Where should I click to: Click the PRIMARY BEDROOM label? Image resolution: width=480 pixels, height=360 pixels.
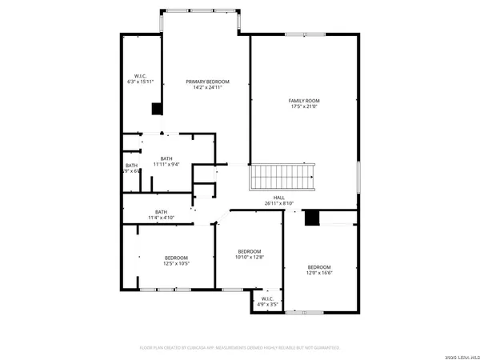tap(208, 82)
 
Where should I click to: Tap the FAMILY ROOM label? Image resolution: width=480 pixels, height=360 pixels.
tap(304, 100)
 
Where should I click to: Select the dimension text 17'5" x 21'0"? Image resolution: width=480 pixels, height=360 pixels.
tap(304, 106)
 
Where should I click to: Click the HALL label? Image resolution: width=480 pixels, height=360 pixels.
tap(279, 198)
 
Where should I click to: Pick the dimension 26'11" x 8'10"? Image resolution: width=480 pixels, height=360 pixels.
tap(279, 203)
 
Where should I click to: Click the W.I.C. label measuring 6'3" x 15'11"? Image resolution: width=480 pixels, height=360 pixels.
tap(138, 76)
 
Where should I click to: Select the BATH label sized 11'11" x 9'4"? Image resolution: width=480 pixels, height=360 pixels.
tap(166, 158)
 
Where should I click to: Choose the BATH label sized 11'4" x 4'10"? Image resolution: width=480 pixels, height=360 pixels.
tap(161, 212)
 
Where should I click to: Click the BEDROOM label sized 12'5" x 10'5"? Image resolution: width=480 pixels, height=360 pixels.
tap(176, 258)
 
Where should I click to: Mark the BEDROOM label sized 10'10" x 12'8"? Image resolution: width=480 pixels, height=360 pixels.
tap(250, 252)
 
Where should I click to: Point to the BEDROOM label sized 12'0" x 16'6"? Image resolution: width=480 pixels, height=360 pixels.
tap(319, 267)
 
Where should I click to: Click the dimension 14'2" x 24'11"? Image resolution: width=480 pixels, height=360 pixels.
tap(208, 87)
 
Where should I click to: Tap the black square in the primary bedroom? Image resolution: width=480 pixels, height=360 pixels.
tap(158, 110)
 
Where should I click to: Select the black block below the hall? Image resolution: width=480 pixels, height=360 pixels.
tap(313, 218)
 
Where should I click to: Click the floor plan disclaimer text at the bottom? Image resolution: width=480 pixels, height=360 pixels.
tap(240, 348)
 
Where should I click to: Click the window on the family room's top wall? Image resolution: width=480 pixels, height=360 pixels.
tap(305, 34)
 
